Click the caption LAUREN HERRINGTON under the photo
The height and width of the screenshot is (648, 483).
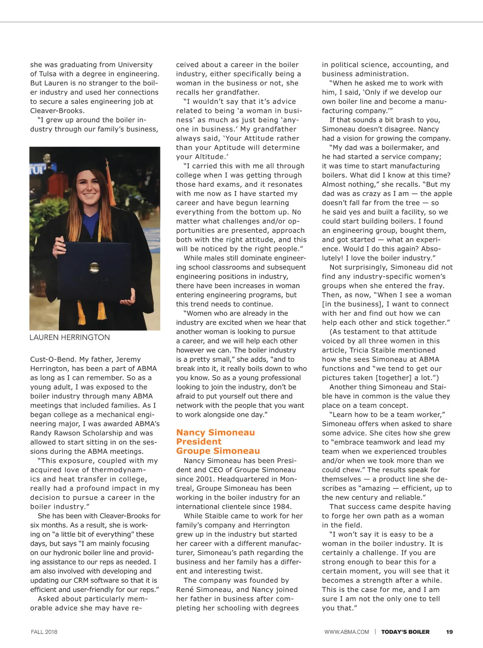70,337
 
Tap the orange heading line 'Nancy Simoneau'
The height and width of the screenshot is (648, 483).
215,432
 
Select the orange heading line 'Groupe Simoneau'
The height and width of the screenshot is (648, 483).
218,451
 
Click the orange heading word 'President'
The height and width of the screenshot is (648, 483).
198,442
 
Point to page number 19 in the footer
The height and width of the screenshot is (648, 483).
449,632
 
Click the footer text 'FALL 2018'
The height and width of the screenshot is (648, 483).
44,632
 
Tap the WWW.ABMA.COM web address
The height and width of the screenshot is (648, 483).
347,632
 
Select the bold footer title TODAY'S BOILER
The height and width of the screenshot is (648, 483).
405,632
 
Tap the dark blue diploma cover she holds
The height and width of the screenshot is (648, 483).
95,266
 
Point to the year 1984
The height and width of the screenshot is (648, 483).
281,507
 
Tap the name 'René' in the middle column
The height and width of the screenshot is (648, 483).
185,590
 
